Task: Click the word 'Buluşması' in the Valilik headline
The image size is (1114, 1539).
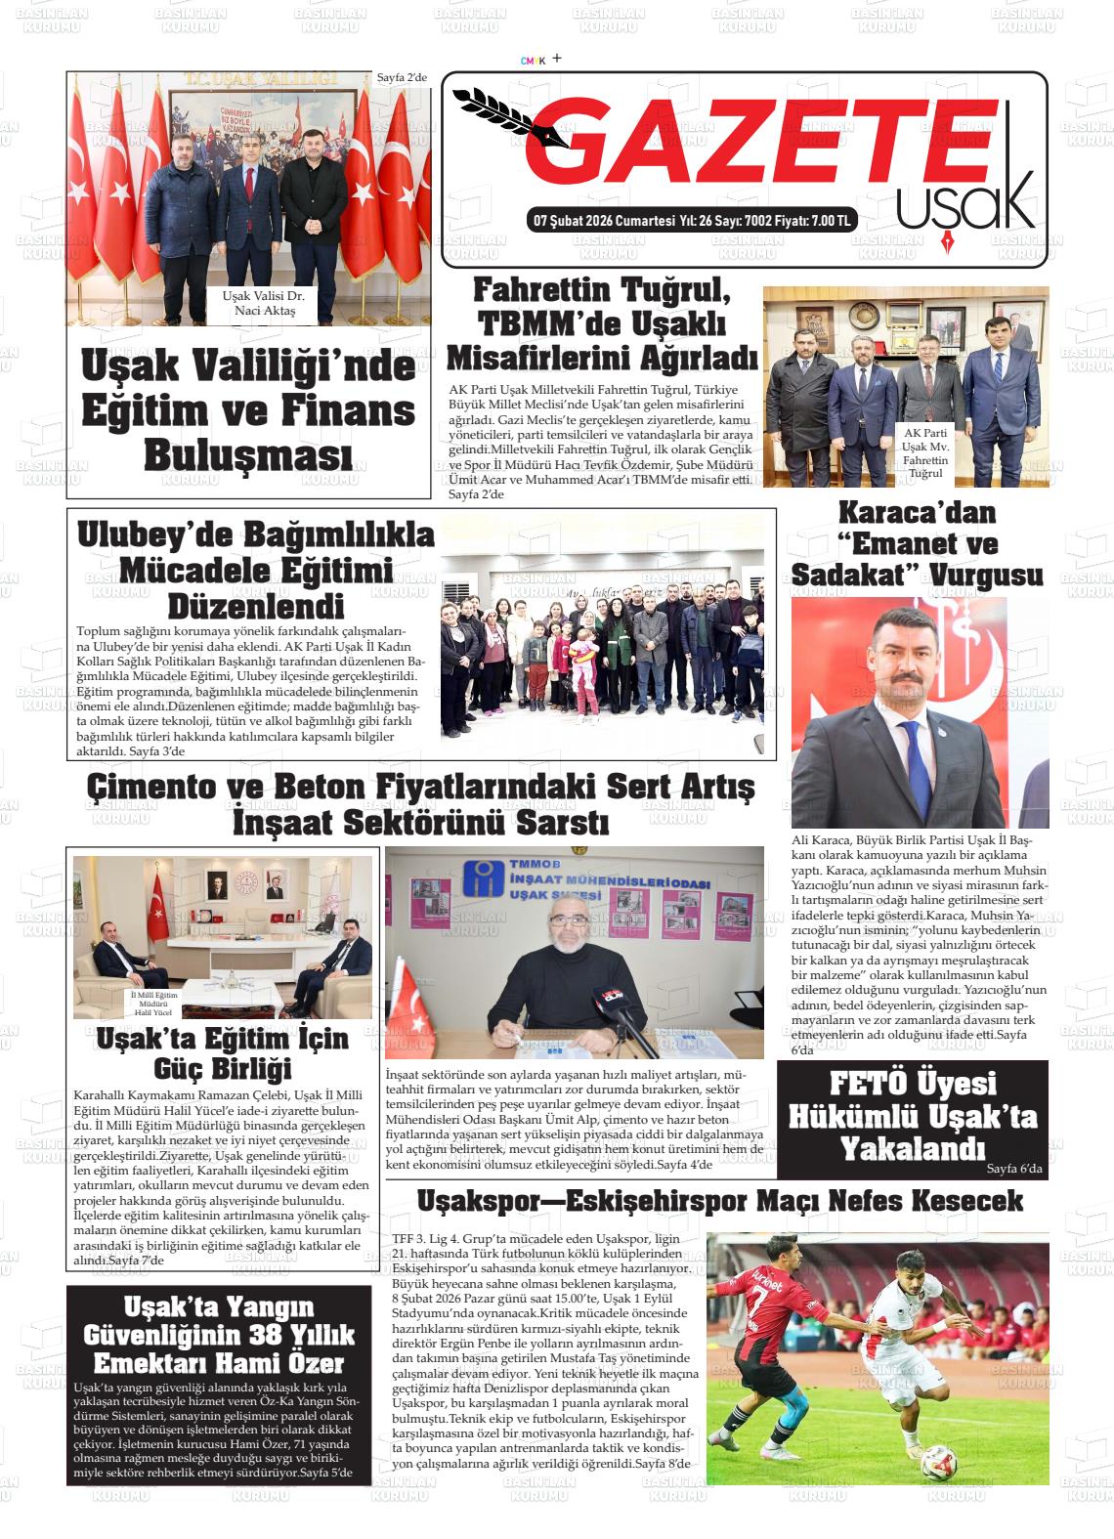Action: (x=248, y=454)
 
